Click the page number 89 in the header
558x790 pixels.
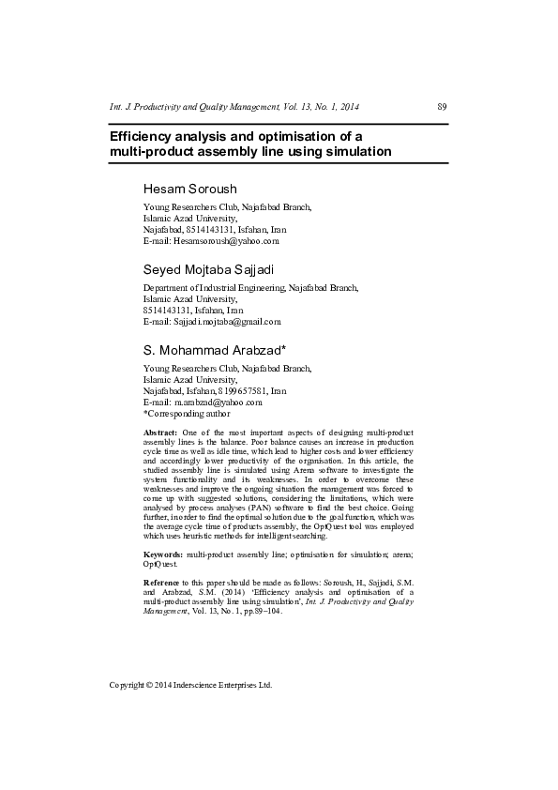point(442,107)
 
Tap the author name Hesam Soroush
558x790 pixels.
point(190,189)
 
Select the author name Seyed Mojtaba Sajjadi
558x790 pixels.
point(207,271)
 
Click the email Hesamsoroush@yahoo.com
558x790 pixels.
point(226,240)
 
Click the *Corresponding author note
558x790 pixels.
point(187,413)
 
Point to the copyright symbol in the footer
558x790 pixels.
point(152,685)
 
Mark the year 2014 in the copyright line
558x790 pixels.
point(167,685)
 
